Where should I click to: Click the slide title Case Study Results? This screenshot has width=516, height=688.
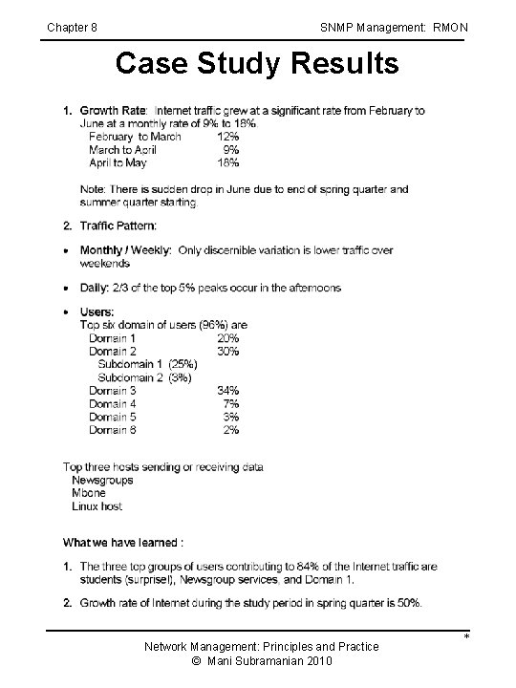click(x=257, y=64)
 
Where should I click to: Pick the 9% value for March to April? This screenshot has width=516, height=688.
click(x=230, y=150)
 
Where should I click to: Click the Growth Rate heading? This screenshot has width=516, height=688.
click(x=113, y=111)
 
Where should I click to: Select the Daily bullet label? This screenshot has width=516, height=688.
click(x=97, y=288)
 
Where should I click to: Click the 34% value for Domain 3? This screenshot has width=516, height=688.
click(x=227, y=390)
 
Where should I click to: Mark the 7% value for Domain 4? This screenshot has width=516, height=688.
click(x=230, y=403)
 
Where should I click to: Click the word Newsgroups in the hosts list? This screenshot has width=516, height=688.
click(x=103, y=480)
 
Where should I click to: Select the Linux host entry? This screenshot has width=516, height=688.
click(x=97, y=506)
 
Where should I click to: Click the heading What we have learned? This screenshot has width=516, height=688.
click(x=123, y=543)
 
